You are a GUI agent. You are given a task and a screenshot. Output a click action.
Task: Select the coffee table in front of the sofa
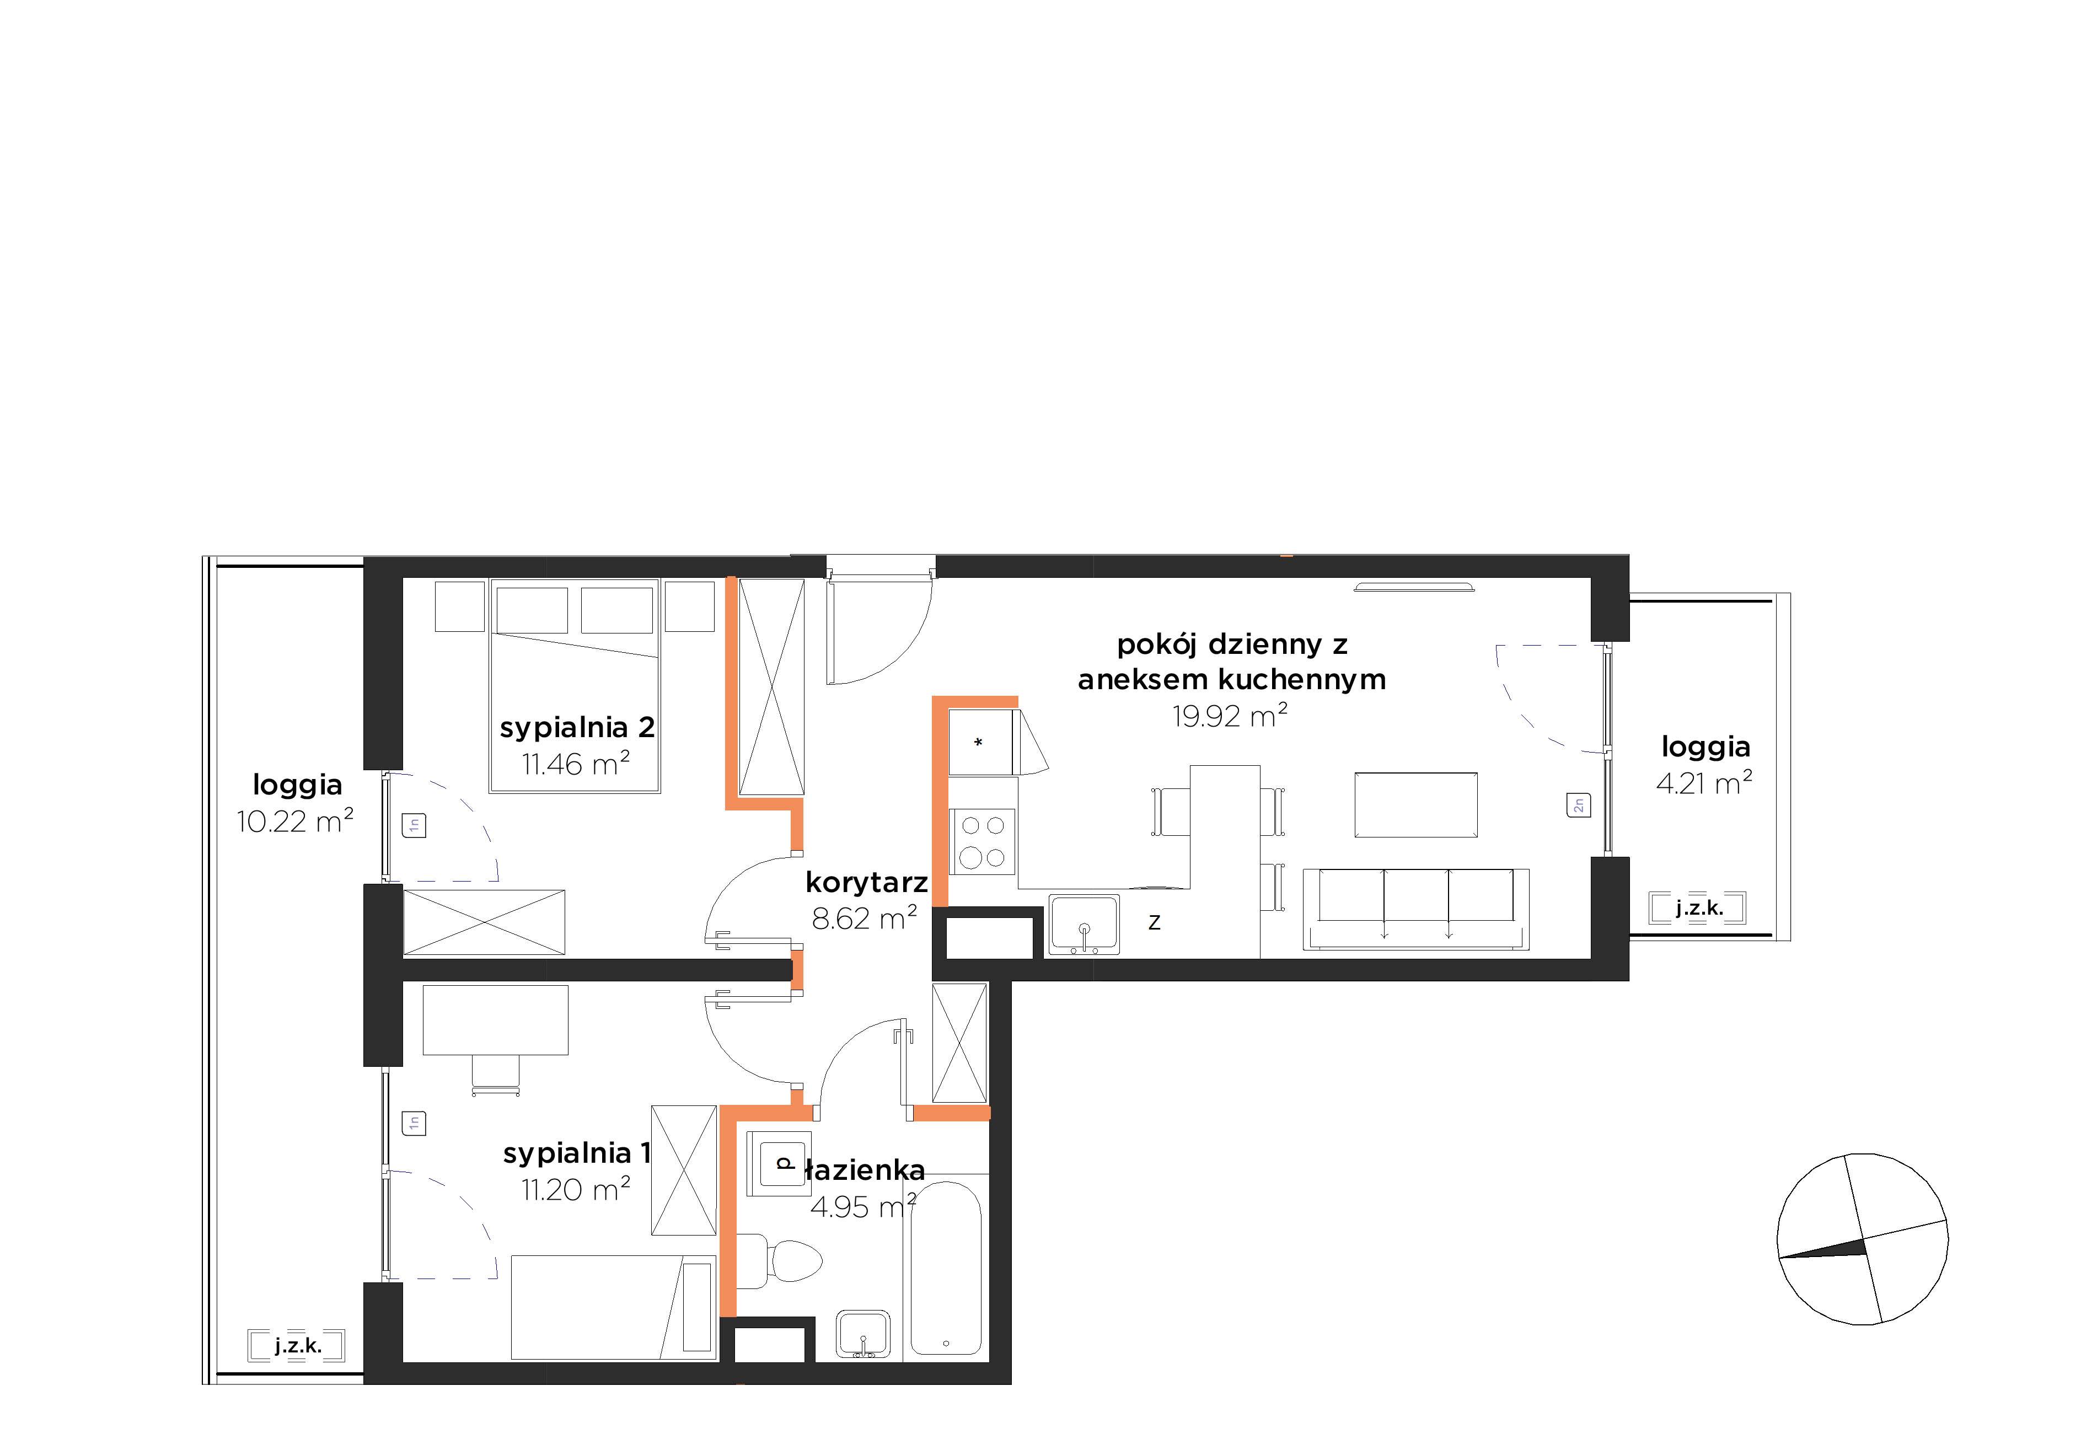(x=1416, y=805)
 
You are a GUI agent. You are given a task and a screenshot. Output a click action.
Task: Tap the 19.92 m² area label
(x=1230, y=717)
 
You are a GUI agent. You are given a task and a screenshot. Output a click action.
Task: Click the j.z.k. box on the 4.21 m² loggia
(x=1698, y=908)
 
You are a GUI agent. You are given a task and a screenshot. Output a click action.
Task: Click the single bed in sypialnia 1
(x=614, y=1308)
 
